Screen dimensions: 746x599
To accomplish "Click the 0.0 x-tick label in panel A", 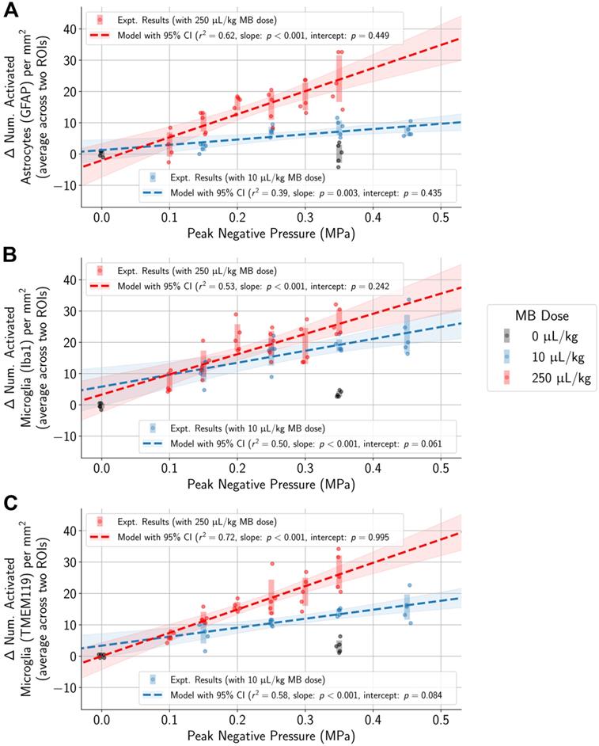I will click(100, 215).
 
